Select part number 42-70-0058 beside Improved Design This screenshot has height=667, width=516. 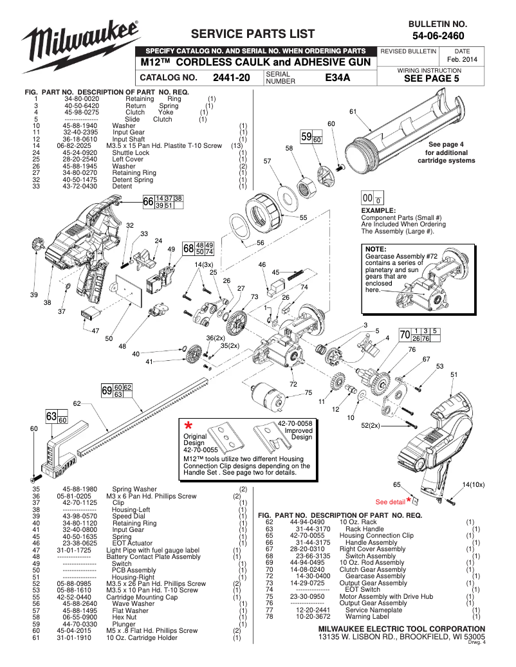pyautogui.click(x=295, y=423)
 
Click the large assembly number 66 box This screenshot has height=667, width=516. pyautogui.click(x=149, y=203)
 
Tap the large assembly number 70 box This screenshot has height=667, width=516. pyautogui.click(x=405, y=334)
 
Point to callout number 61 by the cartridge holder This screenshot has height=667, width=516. pyautogui.click(x=353, y=112)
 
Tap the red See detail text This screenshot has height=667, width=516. pyautogui.click(x=390, y=501)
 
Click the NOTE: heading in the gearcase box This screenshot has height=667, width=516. pyautogui.click(x=375, y=248)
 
